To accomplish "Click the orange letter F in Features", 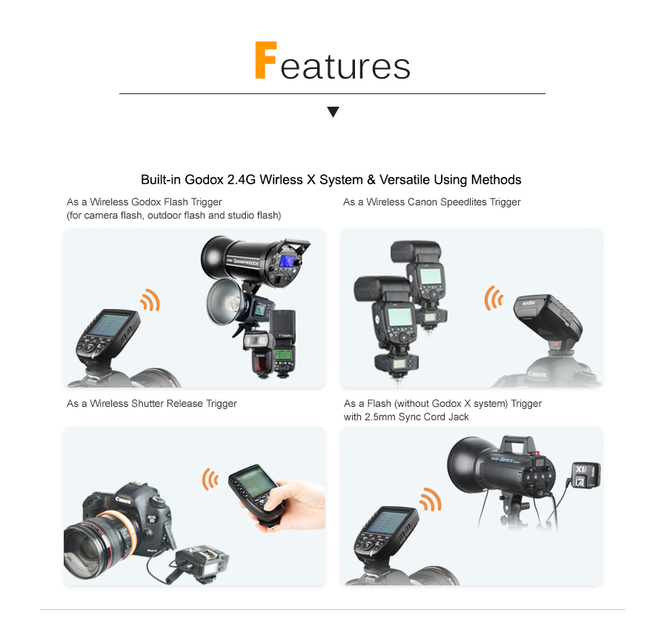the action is tap(266, 60).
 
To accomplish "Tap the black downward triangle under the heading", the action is tap(333, 112).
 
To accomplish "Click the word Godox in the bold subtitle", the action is tap(205, 180).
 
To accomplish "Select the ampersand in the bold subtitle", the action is tap(371, 180).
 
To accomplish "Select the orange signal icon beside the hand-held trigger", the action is tap(210, 479).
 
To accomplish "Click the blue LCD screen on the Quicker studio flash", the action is tap(287, 261).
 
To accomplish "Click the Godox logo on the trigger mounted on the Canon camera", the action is tap(528, 302).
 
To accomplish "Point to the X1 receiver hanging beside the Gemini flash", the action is tap(586, 475).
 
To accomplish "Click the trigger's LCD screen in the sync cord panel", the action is tap(386, 522).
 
